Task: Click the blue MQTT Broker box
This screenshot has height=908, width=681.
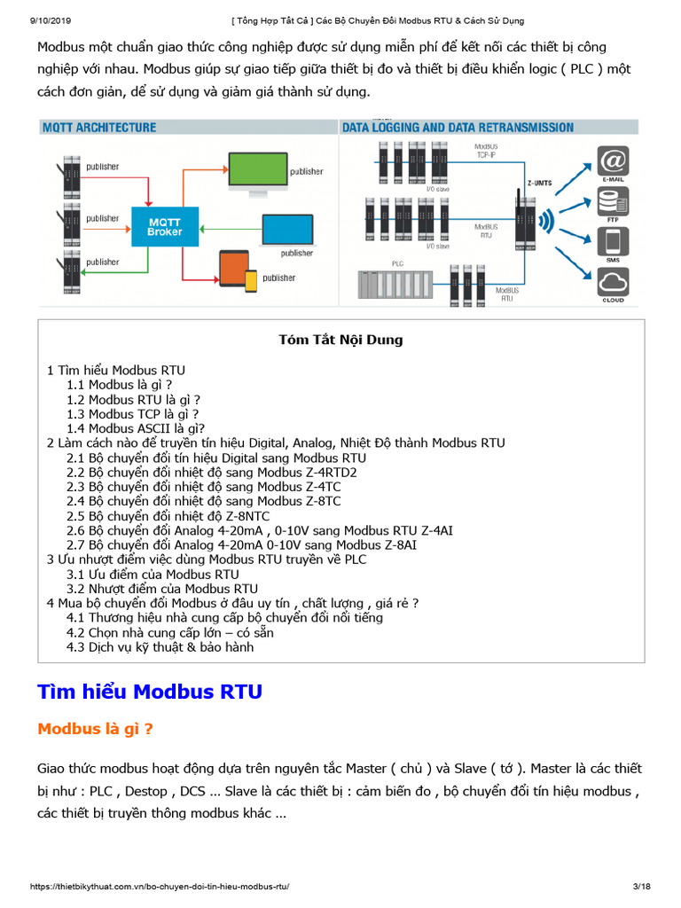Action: click(164, 226)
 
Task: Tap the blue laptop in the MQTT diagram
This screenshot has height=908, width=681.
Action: click(287, 231)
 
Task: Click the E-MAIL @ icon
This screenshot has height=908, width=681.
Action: click(613, 163)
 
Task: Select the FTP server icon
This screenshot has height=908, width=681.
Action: click(613, 204)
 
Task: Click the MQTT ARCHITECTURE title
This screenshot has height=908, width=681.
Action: click(99, 128)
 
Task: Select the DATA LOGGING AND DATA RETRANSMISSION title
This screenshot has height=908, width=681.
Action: click(458, 128)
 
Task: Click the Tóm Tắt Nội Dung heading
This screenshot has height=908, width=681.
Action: click(340, 340)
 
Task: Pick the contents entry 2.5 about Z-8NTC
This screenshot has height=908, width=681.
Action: click(168, 516)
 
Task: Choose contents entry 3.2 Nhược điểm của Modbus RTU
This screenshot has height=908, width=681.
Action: click(162, 589)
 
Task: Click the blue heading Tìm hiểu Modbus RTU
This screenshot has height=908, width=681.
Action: click(150, 692)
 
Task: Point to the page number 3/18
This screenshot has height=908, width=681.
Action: click(641, 887)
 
